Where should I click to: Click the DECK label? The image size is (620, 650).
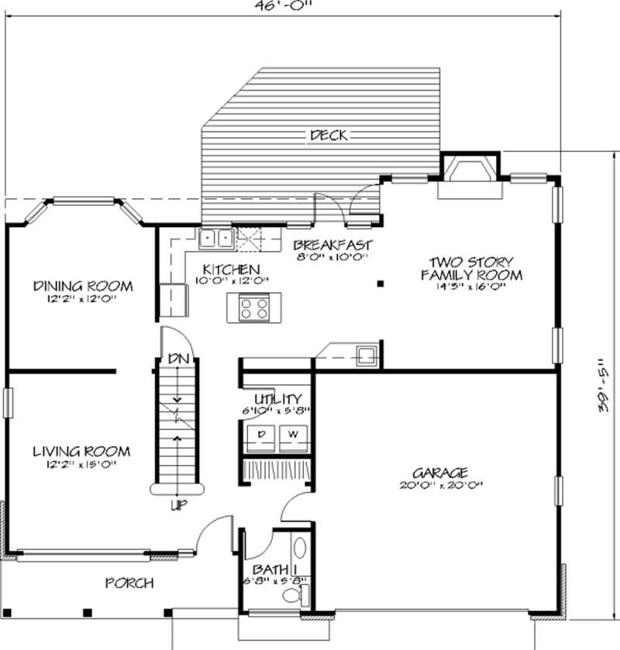(328, 136)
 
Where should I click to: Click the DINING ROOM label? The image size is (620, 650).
(83, 286)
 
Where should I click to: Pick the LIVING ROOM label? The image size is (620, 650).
(81, 452)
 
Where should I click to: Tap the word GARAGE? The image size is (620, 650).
(439, 472)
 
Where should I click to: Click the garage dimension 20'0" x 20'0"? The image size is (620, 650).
(439, 486)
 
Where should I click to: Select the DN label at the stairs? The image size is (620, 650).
(177, 359)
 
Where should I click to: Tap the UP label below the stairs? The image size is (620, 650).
(177, 506)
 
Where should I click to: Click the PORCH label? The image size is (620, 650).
(129, 583)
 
